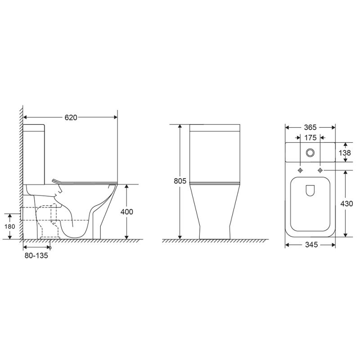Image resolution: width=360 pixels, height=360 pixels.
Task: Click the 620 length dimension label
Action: click(71, 117)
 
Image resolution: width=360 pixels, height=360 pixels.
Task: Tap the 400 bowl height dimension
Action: click(127, 211)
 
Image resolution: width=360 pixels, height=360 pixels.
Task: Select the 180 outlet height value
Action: click(9, 227)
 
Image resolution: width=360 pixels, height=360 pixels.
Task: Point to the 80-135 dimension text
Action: click(36, 256)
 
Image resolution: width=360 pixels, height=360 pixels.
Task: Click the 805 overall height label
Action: click(180, 181)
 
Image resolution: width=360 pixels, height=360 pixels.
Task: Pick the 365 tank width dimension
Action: click(310, 127)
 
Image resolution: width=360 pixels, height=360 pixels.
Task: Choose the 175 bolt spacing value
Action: click(310, 138)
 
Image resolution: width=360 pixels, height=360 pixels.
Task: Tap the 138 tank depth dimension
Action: click(345, 153)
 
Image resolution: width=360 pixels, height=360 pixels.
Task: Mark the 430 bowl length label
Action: click(346, 204)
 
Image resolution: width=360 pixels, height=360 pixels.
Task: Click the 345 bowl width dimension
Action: click(311, 245)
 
